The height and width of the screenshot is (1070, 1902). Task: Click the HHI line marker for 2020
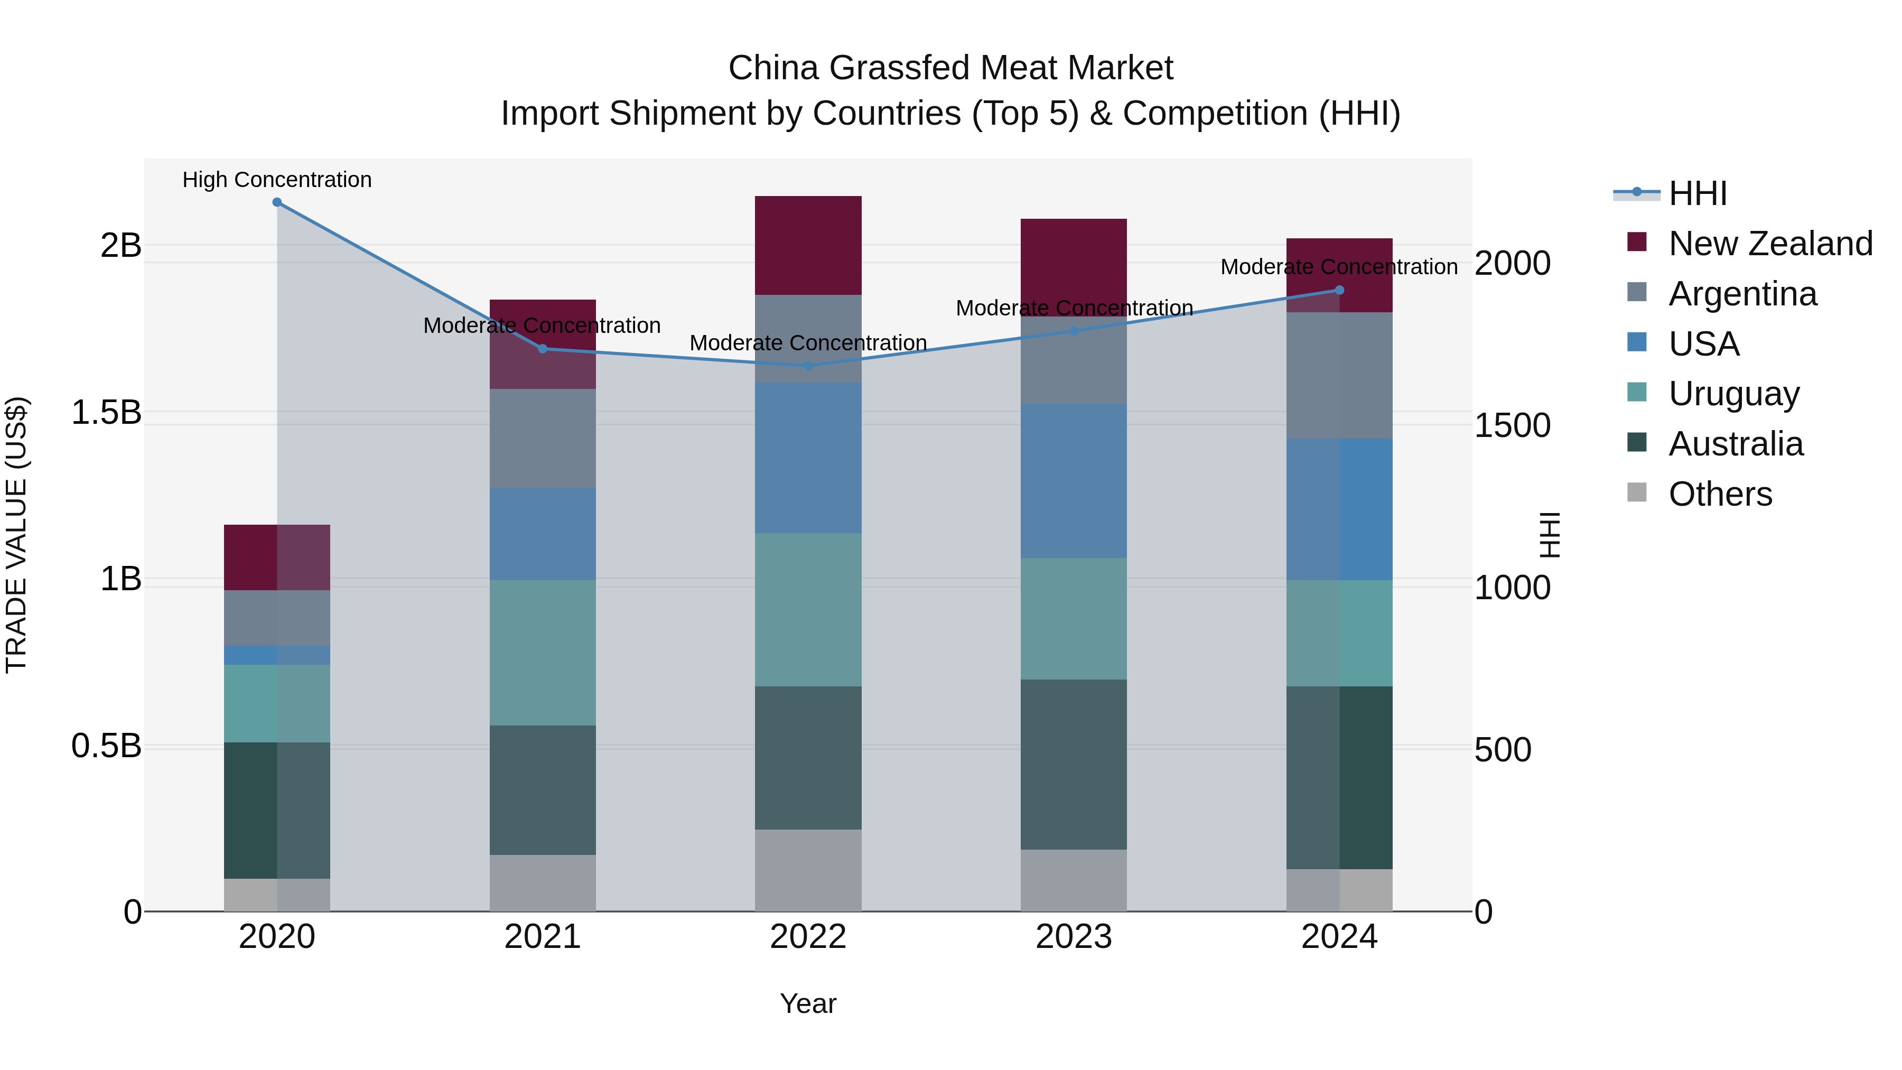click(277, 202)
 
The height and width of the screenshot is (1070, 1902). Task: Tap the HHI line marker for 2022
click(808, 366)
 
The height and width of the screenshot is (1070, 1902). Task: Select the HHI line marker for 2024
click(1339, 290)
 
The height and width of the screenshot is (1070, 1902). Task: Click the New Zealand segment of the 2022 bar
click(808, 245)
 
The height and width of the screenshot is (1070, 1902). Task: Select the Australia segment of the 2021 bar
click(543, 789)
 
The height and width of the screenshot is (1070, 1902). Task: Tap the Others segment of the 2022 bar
click(808, 870)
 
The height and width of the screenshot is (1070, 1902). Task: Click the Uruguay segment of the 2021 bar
click(543, 652)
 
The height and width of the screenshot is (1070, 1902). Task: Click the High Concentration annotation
click(277, 180)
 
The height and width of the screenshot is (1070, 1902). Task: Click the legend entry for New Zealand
click(1770, 244)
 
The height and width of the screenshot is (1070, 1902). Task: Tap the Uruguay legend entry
click(1733, 394)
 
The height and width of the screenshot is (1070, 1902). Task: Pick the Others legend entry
click(1720, 494)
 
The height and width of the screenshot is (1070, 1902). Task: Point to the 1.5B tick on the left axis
click(106, 412)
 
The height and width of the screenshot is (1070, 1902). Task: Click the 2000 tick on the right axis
click(1512, 264)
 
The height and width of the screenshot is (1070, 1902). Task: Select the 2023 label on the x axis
click(1074, 937)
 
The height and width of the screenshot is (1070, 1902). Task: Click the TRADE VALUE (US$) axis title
click(16, 535)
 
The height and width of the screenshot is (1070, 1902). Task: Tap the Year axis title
click(808, 1003)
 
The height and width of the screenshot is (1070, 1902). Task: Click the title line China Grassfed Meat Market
click(950, 68)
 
